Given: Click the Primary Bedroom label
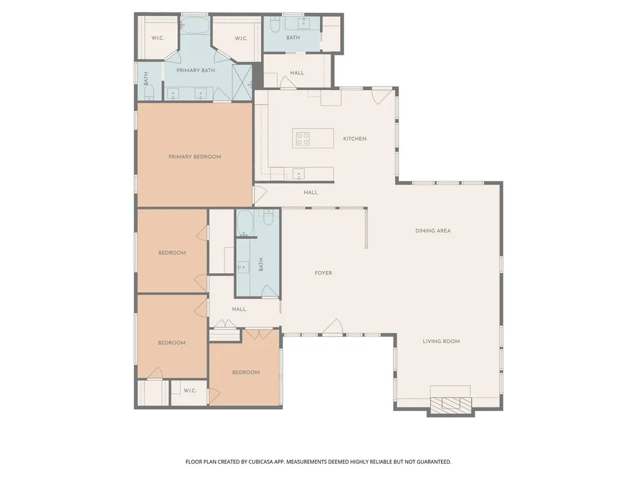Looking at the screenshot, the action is (x=195, y=157).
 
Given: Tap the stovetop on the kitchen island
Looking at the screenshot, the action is (x=303, y=139).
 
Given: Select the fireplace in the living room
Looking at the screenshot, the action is (x=451, y=404).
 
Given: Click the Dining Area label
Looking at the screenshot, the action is (x=433, y=231).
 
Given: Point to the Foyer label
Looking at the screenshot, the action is (x=323, y=273).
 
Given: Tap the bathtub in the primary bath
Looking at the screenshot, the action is (x=195, y=25).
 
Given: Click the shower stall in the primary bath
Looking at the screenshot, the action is (x=242, y=82).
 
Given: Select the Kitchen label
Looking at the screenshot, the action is (x=355, y=139).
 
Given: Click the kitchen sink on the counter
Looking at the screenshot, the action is (x=298, y=174).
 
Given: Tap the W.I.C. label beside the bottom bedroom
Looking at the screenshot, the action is (x=190, y=390).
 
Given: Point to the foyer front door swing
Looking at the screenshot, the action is (x=333, y=327).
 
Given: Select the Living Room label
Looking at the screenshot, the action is (x=441, y=341).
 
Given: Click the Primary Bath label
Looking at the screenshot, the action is (x=195, y=70).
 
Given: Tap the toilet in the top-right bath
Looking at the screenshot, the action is (x=275, y=25).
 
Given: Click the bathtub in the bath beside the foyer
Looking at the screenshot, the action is (x=245, y=223).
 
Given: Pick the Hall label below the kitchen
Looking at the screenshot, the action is (x=311, y=192).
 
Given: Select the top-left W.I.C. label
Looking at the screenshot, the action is (x=158, y=38).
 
